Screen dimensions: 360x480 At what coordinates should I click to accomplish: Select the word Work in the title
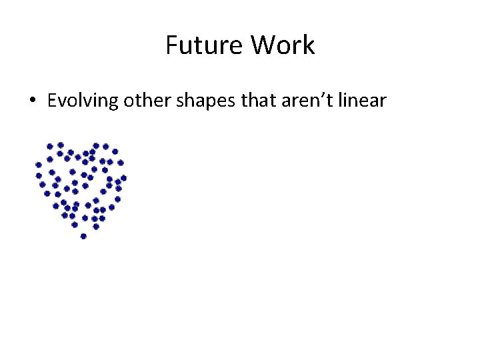[x=283, y=46]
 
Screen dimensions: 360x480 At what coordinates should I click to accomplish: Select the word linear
[x=362, y=101]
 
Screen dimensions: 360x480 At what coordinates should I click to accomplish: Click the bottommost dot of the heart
[x=83, y=236]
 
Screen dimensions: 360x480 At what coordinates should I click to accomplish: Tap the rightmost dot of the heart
[x=124, y=178]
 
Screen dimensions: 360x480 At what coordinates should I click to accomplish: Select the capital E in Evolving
[x=52, y=101]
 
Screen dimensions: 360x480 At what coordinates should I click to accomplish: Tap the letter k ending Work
[x=309, y=46]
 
